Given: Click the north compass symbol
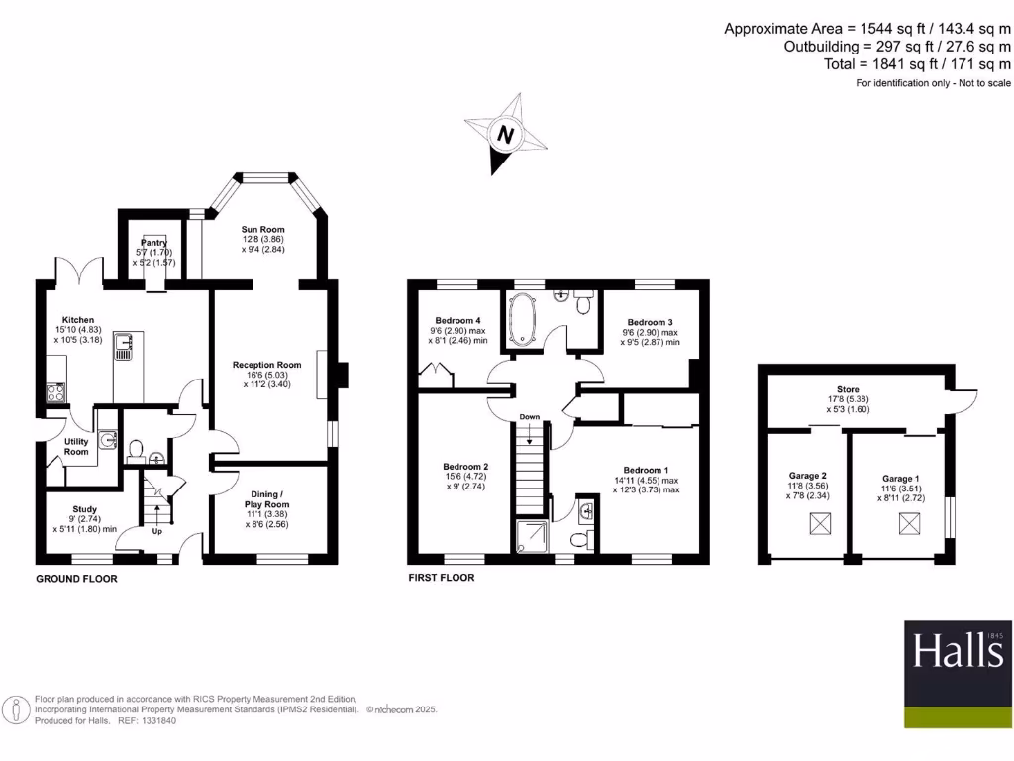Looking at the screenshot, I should [x=506, y=134].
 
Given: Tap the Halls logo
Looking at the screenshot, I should [x=958, y=652].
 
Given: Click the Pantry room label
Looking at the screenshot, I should [x=153, y=243].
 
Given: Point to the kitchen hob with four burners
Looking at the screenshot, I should [x=54, y=391].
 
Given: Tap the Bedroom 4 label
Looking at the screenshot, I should [x=457, y=321].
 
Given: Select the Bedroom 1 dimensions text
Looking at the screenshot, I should [x=646, y=486].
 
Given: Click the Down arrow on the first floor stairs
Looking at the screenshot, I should [x=530, y=436].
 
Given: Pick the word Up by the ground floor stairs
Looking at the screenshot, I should [x=156, y=531].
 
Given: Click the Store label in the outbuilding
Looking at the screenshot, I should [x=848, y=390].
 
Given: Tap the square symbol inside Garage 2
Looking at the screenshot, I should [x=819, y=524].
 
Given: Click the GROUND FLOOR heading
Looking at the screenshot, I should [x=76, y=578].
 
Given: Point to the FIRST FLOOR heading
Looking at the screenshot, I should [x=442, y=578].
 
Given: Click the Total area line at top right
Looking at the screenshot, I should [x=917, y=63].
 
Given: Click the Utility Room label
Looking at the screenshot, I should [x=77, y=447].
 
